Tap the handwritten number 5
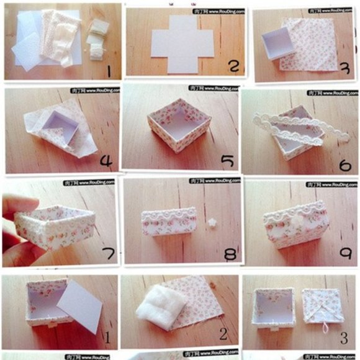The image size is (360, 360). tap(228, 162)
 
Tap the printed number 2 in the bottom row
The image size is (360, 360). tap(223, 335)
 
